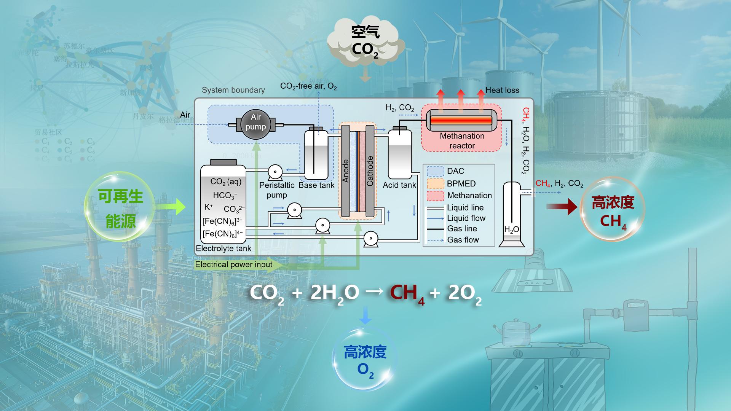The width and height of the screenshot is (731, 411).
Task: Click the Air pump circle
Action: pos(255,122)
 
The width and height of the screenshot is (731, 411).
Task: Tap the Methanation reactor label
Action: pos(462,141)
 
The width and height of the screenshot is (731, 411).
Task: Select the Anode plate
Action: pos(345,171)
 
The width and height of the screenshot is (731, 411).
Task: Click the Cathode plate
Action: pos(370,171)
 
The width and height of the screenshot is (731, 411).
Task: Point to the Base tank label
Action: pos(316,185)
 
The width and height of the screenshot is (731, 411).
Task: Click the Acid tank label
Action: pos(399,185)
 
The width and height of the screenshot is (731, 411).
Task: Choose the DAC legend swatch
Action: pos(435,171)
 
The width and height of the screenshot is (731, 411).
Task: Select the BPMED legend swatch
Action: pos(435,183)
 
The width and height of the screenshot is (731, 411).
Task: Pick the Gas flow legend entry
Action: pos(463,240)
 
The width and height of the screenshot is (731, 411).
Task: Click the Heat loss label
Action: pos(502,90)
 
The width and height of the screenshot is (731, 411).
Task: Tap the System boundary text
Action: pos(233,90)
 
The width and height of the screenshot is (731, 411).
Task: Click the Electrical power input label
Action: pos(234,264)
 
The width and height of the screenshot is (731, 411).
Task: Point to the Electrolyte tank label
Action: pos(223,249)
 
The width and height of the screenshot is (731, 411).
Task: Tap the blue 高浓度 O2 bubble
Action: pos(365,360)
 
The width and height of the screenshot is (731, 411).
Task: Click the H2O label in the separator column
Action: pos(511,229)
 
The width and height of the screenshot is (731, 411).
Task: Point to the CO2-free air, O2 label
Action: pos(308,86)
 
